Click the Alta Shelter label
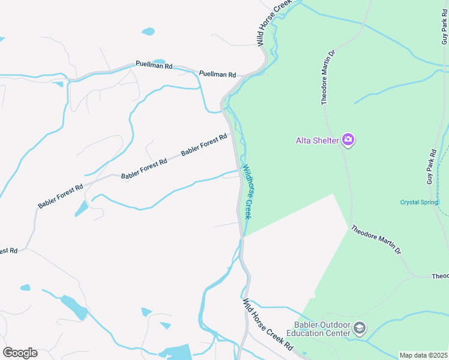(318, 141)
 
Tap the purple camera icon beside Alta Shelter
(348, 140)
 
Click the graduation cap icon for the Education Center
(359, 328)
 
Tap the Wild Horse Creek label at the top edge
(273, 23)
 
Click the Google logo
(20, 353)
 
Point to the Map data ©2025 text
(423, 355)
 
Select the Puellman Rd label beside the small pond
(154, 64)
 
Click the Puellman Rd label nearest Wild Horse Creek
(217, 74)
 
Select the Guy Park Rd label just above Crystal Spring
(430, 166)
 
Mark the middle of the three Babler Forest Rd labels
(144, 169)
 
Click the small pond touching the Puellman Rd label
(159, 61)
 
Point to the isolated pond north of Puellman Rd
(148, 31)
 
